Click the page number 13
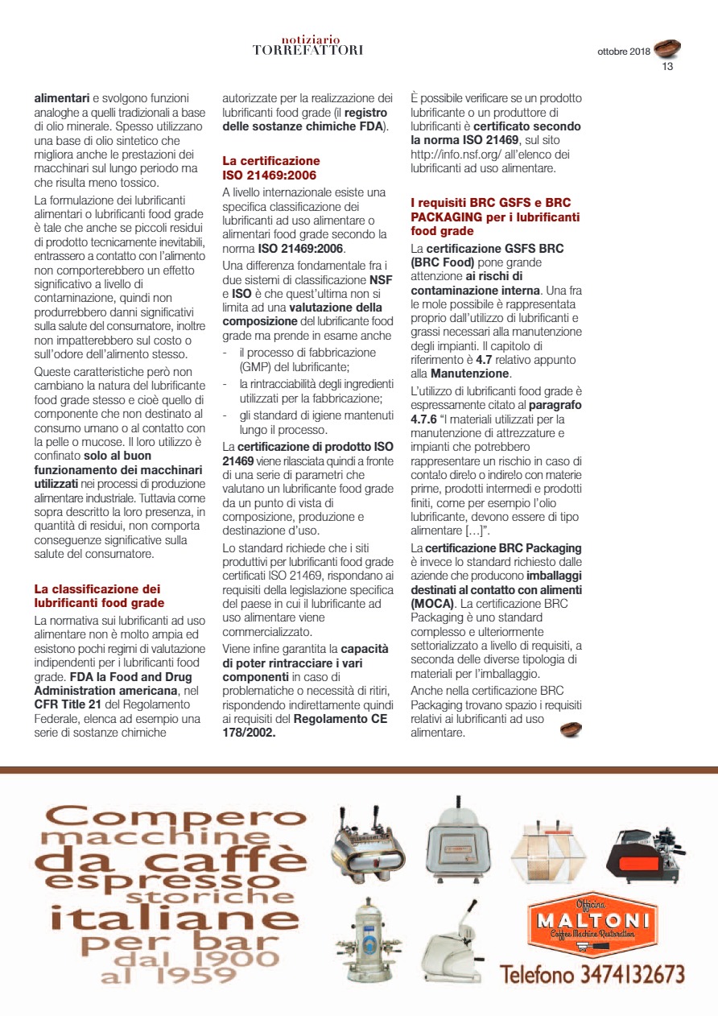pos(667,67)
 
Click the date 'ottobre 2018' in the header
pos(623,52)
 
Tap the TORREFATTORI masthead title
pos(307,50)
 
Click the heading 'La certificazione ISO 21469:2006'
pos(271,167)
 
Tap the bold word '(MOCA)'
pos(432,602)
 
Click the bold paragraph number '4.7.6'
pos(427,419)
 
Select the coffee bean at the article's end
pos(570,729)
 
